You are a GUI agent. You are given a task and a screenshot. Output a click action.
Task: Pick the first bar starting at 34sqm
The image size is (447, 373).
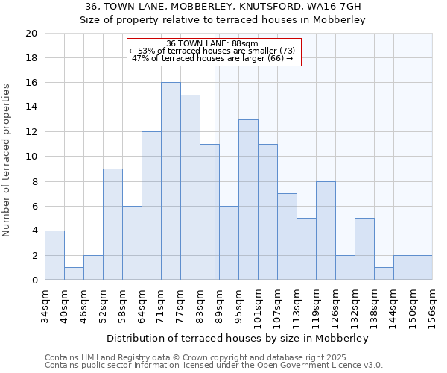pos(54,255)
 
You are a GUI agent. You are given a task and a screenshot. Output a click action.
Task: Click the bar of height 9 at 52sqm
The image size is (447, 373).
pos(112,225)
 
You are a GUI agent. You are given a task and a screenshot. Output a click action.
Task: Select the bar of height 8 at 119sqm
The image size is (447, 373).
pos(326,231)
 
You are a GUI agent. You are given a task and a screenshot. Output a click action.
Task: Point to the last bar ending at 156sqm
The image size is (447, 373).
pos(422,268)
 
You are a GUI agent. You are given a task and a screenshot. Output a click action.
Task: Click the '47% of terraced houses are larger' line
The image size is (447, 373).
pos(212,58)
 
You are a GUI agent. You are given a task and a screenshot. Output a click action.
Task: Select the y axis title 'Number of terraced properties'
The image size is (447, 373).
pos(7,160)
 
